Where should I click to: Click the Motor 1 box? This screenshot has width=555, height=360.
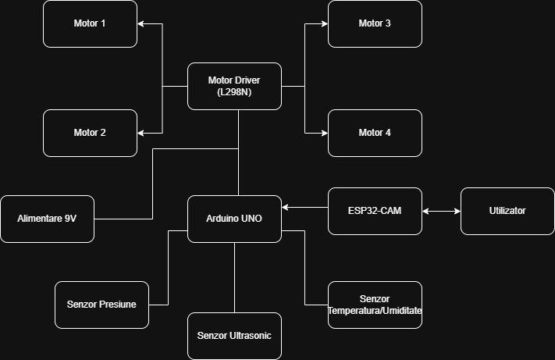[90, 23]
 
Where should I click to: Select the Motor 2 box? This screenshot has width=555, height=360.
[90, 133]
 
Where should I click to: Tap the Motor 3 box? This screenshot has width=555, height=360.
[375, 23]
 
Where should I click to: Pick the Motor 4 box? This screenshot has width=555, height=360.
[375, 133]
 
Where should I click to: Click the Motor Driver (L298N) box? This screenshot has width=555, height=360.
[234, 86]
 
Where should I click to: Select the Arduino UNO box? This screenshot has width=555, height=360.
[234, 219]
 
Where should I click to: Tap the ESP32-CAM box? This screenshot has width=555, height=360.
[375, 211]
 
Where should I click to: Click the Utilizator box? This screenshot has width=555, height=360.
[507, 211]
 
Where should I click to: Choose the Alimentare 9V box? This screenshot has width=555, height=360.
[47, 219]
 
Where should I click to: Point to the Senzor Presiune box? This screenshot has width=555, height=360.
[101, 305]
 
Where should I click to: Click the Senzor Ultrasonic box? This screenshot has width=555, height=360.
[234, 336]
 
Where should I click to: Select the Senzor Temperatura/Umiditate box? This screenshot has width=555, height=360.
[375, 305]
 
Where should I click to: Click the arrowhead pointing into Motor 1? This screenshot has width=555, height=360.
[141, 23]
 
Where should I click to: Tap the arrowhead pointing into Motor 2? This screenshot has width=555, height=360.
[141, 133]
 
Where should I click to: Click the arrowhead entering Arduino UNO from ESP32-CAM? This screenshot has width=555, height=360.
[286, 207]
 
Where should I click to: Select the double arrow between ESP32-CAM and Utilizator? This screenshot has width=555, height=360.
[441, 211]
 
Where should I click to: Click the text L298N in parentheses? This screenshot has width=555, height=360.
[234, 92]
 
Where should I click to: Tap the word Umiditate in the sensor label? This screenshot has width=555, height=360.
[397, 310]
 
